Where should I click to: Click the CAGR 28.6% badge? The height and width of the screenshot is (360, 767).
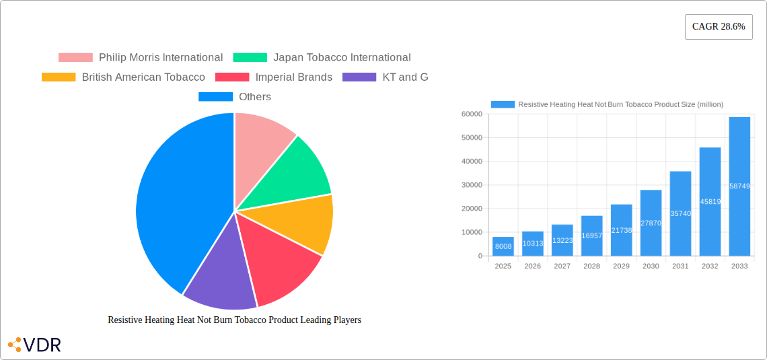point(718,27)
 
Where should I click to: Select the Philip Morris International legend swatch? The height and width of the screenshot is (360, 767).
point(75,58)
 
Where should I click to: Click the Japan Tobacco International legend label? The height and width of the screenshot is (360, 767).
point(342,58)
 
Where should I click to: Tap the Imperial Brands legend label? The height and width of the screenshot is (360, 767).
point(293,77)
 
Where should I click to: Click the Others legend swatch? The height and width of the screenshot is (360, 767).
point(215,97)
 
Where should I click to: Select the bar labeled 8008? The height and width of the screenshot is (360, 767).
point(503,246)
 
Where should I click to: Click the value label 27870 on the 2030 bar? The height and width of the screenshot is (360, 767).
point(651,223)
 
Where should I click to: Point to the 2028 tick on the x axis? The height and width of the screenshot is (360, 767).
point(591,266)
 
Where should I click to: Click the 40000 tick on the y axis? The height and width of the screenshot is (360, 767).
point(471,161)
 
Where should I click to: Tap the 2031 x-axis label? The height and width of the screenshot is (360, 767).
point(680,266)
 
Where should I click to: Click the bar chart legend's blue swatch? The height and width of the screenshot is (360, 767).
point(503,104)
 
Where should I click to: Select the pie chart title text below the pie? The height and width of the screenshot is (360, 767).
point(234,320)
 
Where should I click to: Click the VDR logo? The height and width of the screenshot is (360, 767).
point(34,345)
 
